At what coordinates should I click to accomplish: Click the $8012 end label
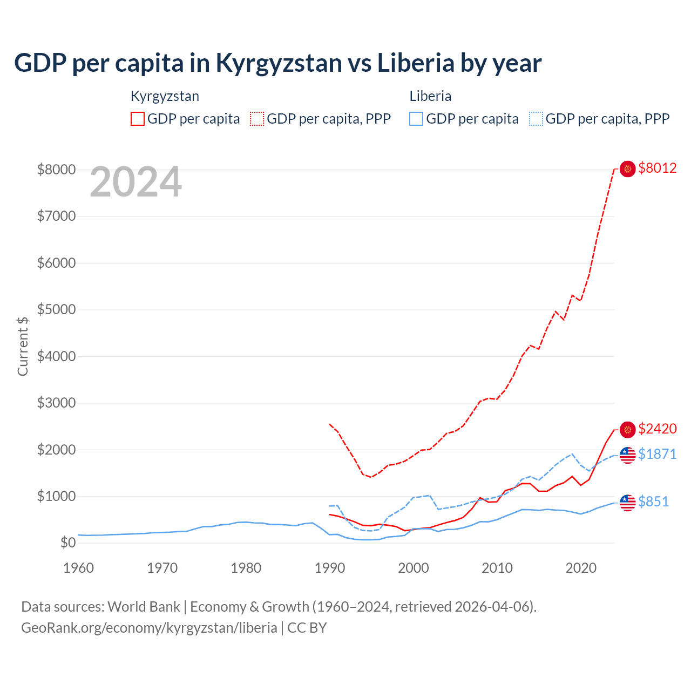coord(657,168)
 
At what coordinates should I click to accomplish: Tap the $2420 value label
coord(657,429)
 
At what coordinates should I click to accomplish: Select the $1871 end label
coord(657,455)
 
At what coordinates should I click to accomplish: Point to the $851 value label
coord(653,502)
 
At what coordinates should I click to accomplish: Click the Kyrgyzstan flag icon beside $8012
coord(627,169)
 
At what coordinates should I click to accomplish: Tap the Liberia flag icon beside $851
coord(627,503)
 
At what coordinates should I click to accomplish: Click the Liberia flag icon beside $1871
coord(627,455)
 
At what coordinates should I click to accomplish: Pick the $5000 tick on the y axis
coord(56,310)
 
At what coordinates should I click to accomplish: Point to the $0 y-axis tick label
coord(67,543)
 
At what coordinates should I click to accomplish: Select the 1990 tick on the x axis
coord(329,568)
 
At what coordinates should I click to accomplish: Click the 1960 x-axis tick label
coord(79,568)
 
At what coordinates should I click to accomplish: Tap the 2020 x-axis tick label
coord(581,568)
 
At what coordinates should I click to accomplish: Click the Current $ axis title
coord(23,346)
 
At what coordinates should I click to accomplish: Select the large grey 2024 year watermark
coord(136,182)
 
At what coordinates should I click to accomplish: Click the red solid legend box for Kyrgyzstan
coord(138,119)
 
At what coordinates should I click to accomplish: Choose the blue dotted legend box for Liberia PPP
coord(536,119)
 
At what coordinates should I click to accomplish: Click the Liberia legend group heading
coord(430,96)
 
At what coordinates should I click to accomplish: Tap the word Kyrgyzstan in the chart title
coord(279,63)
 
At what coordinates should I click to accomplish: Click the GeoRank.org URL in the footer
coord(149,628)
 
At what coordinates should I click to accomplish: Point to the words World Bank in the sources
coord(144,607)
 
